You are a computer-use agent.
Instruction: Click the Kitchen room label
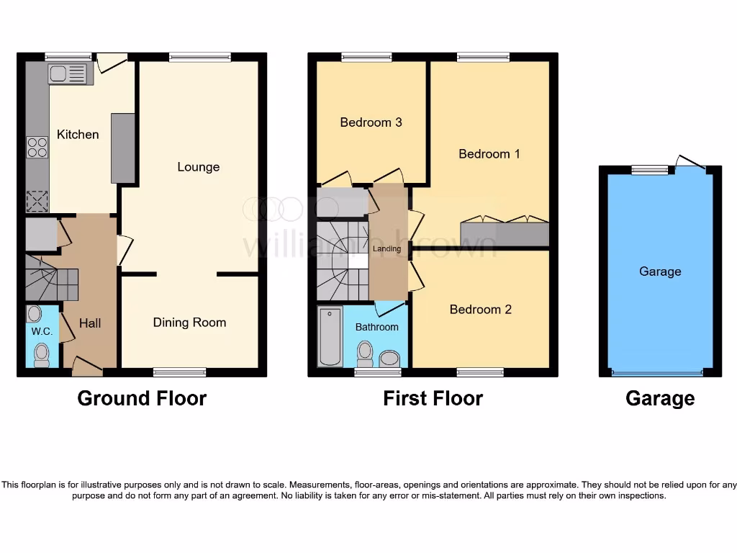[78, 135]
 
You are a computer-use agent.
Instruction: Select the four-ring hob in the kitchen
[37, 147]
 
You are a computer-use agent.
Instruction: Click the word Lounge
[199, 167]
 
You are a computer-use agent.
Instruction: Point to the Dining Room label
[189, 323]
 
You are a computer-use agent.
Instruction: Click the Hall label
[90, 323]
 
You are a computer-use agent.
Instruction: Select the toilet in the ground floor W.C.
[42, 354]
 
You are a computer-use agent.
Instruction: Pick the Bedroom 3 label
[371, 122]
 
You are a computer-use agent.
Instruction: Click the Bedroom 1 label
[489, 154]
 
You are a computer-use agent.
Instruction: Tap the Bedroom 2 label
[480, 310]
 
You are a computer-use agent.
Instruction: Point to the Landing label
[387, 249]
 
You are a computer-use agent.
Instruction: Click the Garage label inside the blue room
[660, 271]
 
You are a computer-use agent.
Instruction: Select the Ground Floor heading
[142, 398]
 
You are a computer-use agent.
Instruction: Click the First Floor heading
[433, 398]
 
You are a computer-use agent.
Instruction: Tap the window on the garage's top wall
[650, 170]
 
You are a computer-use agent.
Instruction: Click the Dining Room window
[180, 372]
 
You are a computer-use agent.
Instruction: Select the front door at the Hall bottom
[87, 368]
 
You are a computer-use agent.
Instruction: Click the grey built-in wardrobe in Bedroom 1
[505, 234]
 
